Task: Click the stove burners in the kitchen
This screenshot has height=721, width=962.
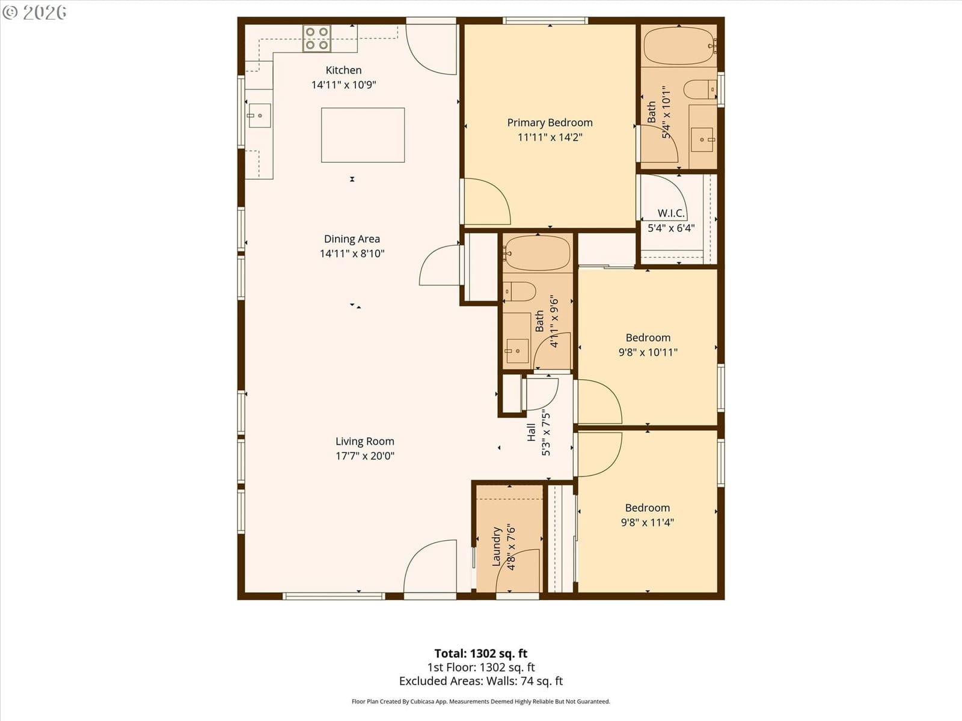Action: pos(317,38)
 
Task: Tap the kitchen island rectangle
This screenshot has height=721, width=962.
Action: pos(363,135)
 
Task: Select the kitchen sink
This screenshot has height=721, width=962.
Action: pos(260,115)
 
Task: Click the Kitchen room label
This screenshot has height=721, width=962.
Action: pos(343,70)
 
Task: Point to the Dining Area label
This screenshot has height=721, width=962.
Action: pos(352,239)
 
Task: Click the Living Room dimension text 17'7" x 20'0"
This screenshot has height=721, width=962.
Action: pos(365,455)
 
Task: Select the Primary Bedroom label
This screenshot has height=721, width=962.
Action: pos(550,123)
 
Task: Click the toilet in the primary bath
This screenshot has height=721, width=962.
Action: pos(700,90)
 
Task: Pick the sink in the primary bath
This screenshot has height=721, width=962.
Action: pos(702,139)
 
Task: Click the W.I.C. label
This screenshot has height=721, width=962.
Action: pos(671,213)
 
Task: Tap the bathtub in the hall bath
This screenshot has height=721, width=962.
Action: pos(537,253)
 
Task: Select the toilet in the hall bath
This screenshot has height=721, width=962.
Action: pos(519,291)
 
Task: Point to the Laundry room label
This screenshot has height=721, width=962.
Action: pos(497,546)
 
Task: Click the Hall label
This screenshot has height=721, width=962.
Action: pos(531,433)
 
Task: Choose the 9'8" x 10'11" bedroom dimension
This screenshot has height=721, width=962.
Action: pos(648,352)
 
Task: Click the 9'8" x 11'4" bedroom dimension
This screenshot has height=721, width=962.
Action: pos(648,522)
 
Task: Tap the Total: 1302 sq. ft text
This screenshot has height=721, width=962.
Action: pos(481,654)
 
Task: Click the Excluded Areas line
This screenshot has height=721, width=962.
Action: pos(481,681)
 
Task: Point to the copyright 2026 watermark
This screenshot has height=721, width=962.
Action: pos(34,12)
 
